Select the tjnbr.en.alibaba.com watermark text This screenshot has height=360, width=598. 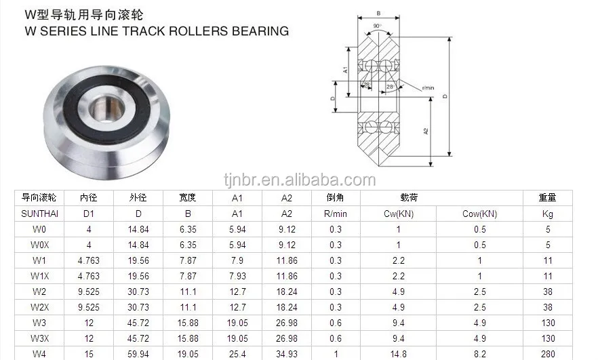299,180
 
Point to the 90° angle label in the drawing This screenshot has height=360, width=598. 378,26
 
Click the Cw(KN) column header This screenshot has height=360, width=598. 398,214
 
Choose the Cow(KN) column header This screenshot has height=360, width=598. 479,214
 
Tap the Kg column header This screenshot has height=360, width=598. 547,214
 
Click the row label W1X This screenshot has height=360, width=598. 39,276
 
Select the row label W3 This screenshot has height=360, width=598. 39,323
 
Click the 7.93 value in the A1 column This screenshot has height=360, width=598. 237,276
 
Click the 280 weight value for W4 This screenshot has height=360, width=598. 547,354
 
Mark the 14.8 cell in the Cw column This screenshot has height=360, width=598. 398,354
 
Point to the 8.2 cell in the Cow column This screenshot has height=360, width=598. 479,354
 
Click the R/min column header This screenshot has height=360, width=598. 336,214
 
